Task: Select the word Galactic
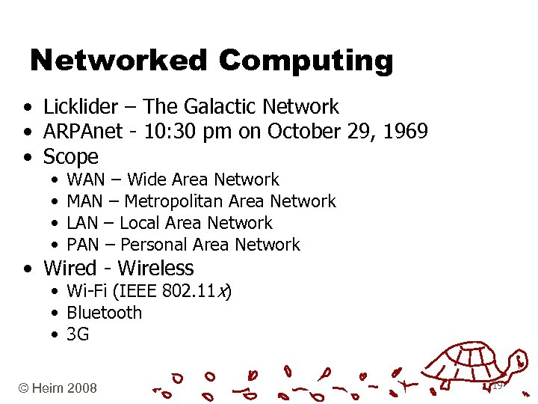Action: click(x=219, y=107)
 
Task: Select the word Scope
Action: click(x=71, y=157)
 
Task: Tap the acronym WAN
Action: click(x=87, y=180)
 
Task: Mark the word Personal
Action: click(x=154, y=245)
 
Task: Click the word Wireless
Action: click(x=155, y=268)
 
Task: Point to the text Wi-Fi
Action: click(x=87, y=290)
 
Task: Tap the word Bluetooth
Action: click(x=104, y=312)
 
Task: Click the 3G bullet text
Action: click(x=78, y=334)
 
